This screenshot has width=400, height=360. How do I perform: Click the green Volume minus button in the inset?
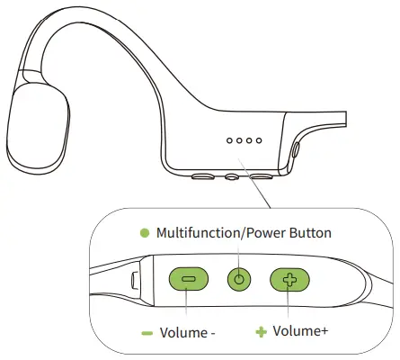[x=188, y=280]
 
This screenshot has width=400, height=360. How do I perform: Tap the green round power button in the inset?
[x=238, y=280]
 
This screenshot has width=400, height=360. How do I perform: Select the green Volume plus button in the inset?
[x=289, y=280]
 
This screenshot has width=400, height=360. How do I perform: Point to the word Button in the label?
[x=309, y=233]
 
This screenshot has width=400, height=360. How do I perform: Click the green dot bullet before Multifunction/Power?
[x=144, y=233]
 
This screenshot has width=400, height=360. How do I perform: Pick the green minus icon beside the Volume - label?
[x=147, y=332]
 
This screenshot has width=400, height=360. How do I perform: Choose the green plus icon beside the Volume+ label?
[x=262, y=332]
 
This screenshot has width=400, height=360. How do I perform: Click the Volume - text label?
[x=187, y=332]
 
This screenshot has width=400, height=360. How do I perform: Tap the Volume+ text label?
[x=299, y=332]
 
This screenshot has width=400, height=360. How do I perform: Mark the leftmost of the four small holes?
[x=230, y=140]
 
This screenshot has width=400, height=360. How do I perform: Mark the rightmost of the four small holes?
[x=259, y=140]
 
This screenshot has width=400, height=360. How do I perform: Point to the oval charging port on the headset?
[x=297, y=150]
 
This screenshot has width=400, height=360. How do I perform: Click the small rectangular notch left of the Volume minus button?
[x=135, y=279]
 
